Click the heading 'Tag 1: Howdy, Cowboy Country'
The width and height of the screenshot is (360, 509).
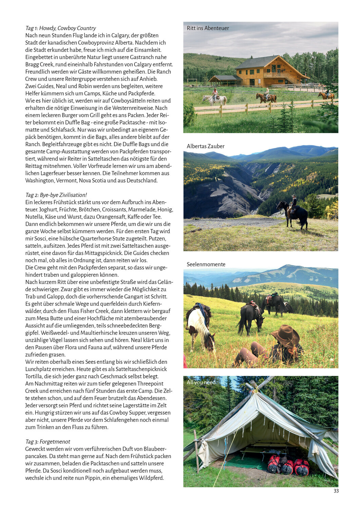pyautogui.click(x=60, y=28)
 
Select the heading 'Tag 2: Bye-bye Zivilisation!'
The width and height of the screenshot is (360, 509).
pyautogui.click(x=56, y=195)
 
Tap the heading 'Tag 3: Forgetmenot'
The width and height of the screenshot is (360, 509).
pyautogui.click(x=48, y=441)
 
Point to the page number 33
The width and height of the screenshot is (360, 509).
pyautogui.click(x=336, y=491)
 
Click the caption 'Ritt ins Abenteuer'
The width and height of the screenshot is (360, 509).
pyautogui.click(x=208, y=28)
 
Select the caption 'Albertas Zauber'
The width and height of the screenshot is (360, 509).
pyautogui.click(x=205, y=146)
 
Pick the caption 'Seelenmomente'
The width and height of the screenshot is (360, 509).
pyautogui.click(x=206, y=264)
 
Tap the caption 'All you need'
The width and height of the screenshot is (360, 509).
pyautogui.click(x=201, y=382)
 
